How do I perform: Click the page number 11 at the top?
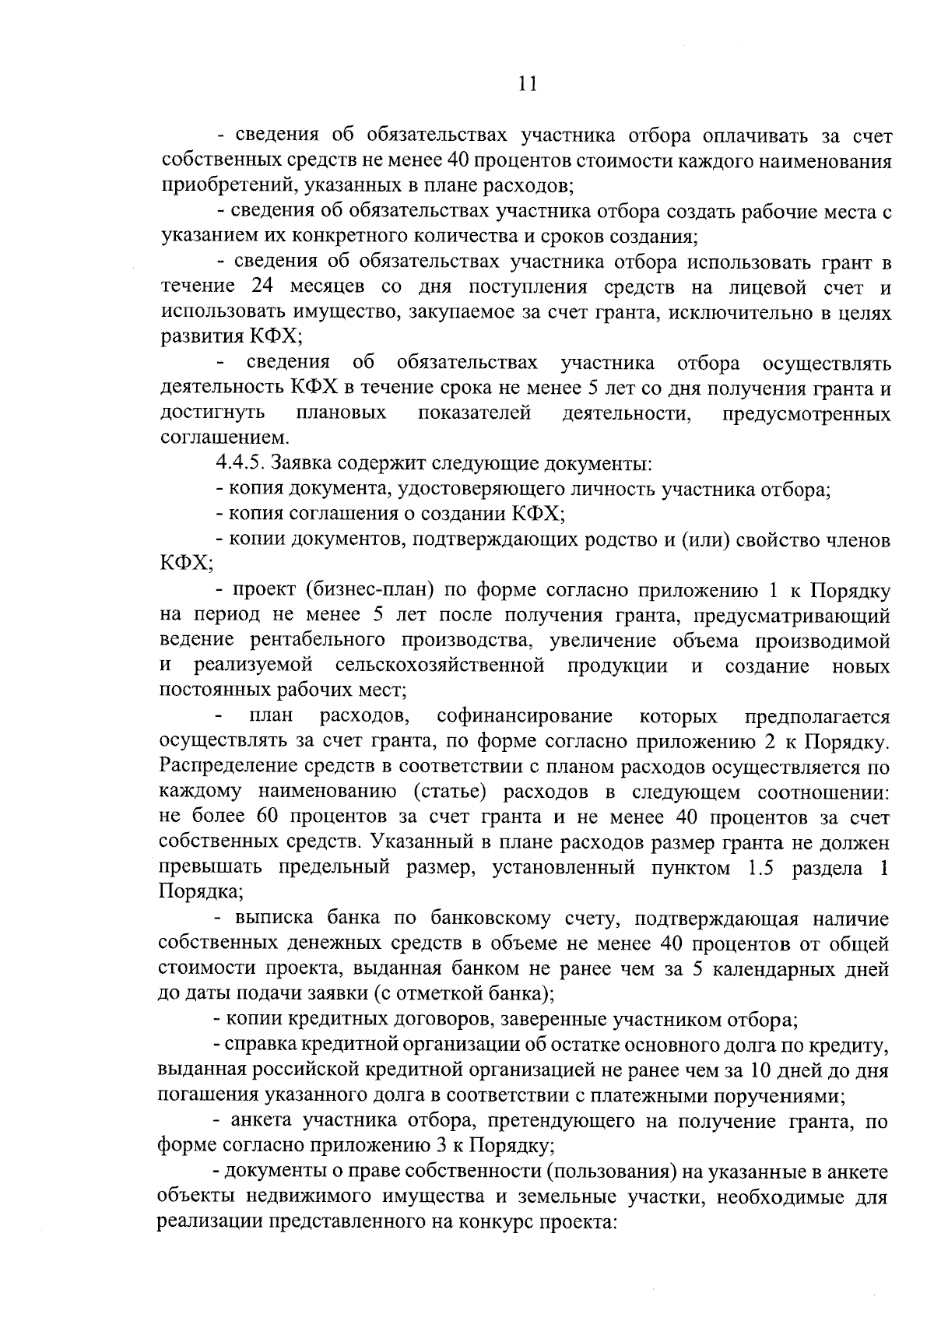coord(527,85)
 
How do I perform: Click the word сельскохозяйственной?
coord(440,666)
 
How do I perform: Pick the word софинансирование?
coord(525,716)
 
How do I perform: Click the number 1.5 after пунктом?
coord(760,868)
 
